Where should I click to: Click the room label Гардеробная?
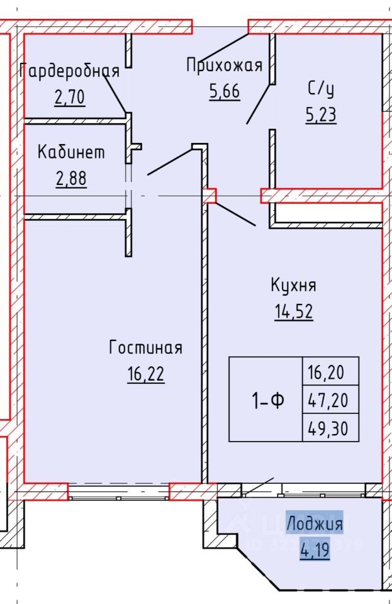[69, 70]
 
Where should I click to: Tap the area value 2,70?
[69, 98]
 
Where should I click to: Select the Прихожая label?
[223, 64]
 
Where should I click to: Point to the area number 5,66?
[224, 92]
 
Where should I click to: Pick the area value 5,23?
[321, 116]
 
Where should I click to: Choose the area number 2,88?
[70, 179]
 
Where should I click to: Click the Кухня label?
[293, 285]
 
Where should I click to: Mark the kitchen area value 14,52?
[293, 313]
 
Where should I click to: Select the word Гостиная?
[145, 347]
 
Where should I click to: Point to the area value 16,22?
[145, 375]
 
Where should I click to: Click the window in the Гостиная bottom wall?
[118, 491]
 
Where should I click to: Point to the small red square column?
[209, 196]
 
